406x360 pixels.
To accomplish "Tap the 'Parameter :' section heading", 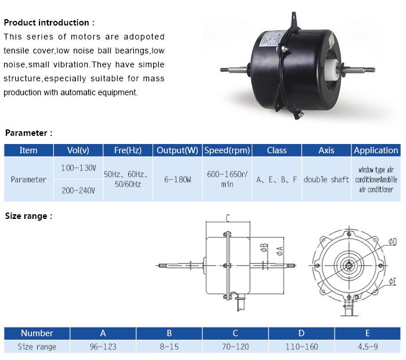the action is coord(29,133).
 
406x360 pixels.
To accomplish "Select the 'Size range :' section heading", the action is coord(29,216).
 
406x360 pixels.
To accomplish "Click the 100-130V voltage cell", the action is coord(78,168).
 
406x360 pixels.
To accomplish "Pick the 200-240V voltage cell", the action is coord(78,190).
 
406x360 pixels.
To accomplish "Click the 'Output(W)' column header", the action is coord(177,150).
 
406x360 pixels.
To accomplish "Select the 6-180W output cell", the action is coord(177,179).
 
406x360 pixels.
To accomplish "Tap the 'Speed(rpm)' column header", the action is coord(227,150).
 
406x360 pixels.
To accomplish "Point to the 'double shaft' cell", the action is coord(326,179).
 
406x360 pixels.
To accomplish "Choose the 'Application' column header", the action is coord(376,150).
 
